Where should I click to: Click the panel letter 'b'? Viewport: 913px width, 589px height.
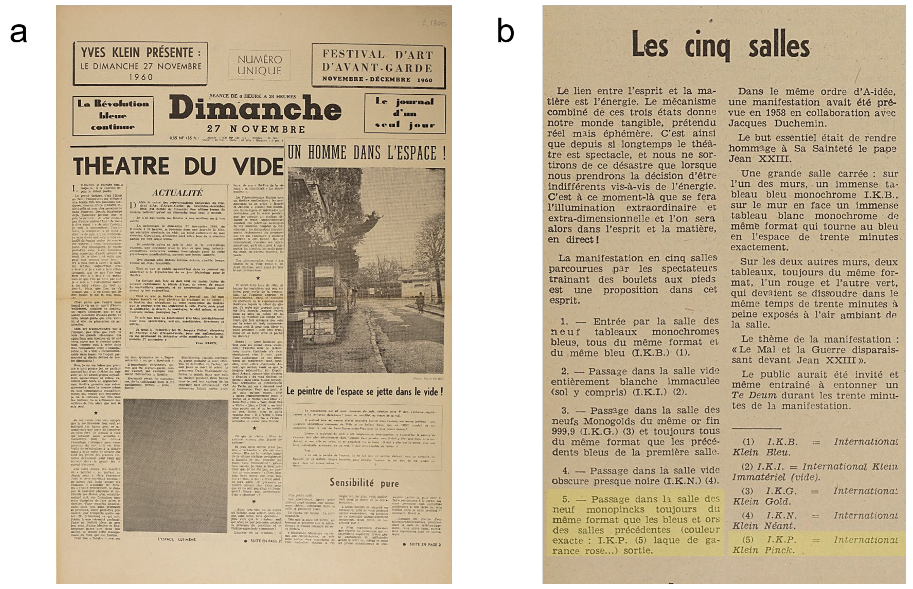pyautogui.click(x=505, y=32)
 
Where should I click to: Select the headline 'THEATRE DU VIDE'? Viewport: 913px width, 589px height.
pyautogui.click(x=178, y=166)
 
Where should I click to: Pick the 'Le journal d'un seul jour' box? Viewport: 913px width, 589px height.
pyautogui.click(x=405, y=113)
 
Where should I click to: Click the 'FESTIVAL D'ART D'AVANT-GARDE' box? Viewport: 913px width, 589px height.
pyautogui.click(x=378, y=66)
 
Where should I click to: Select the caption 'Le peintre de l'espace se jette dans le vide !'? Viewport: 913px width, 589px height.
pyautogui.click(x=365, y=391)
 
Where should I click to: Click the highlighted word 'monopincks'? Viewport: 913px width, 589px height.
pyautogui.click(x=615, y=510)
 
